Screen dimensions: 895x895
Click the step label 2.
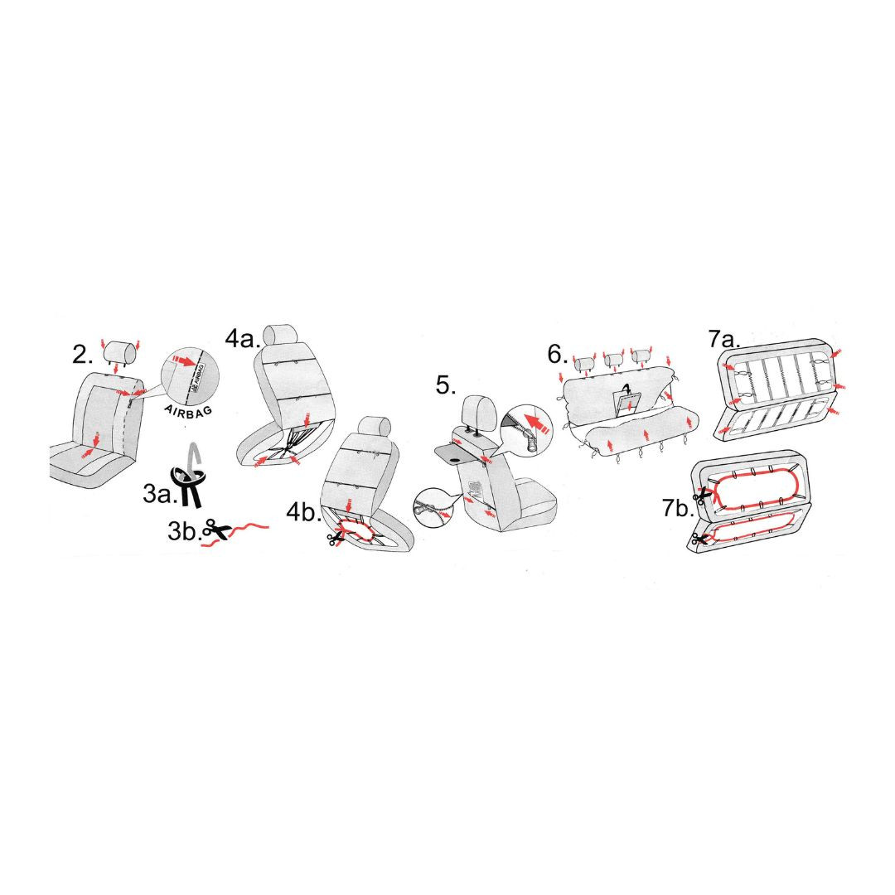82,355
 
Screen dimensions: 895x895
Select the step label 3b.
184,531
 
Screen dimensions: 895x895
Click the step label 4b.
303,513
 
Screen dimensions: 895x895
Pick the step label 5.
446,385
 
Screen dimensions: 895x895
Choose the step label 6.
557,355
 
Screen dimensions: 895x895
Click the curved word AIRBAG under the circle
188,410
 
